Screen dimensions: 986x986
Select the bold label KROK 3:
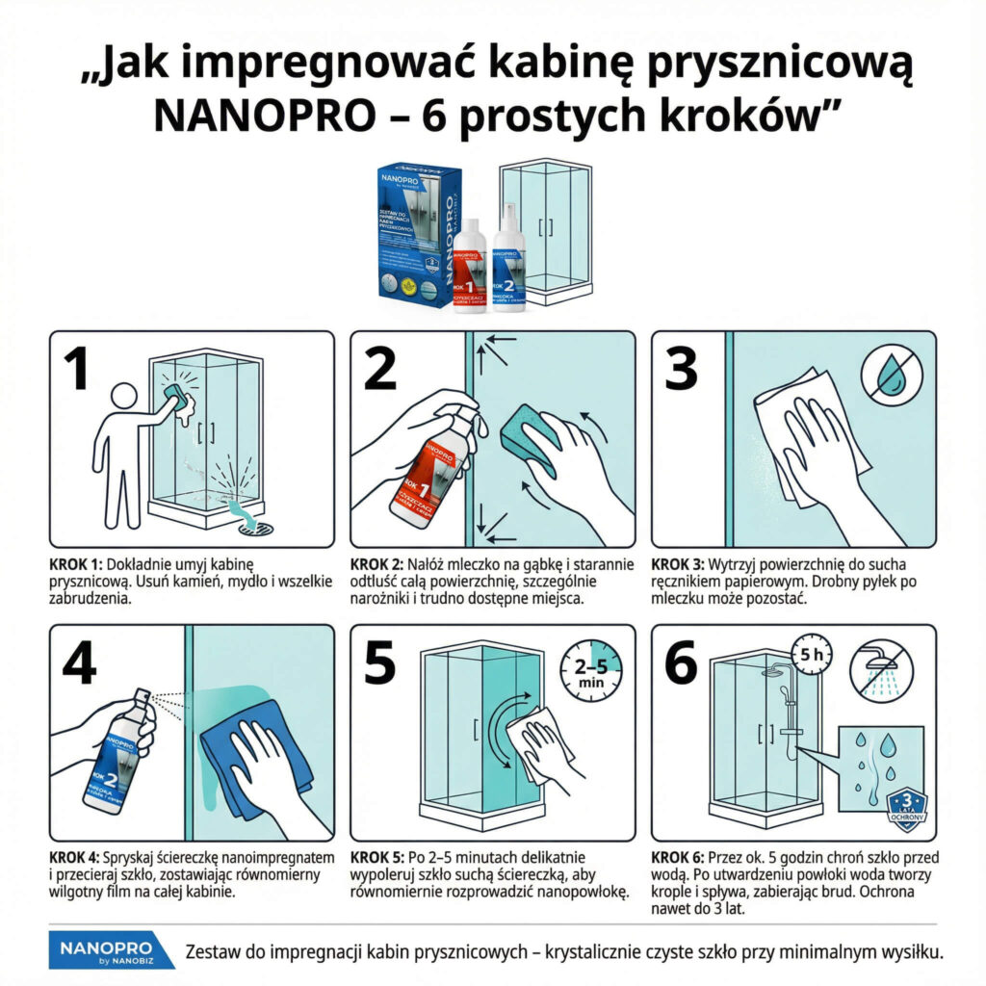[x=678, y=563]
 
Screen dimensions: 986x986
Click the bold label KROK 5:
[x=376, y=856]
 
